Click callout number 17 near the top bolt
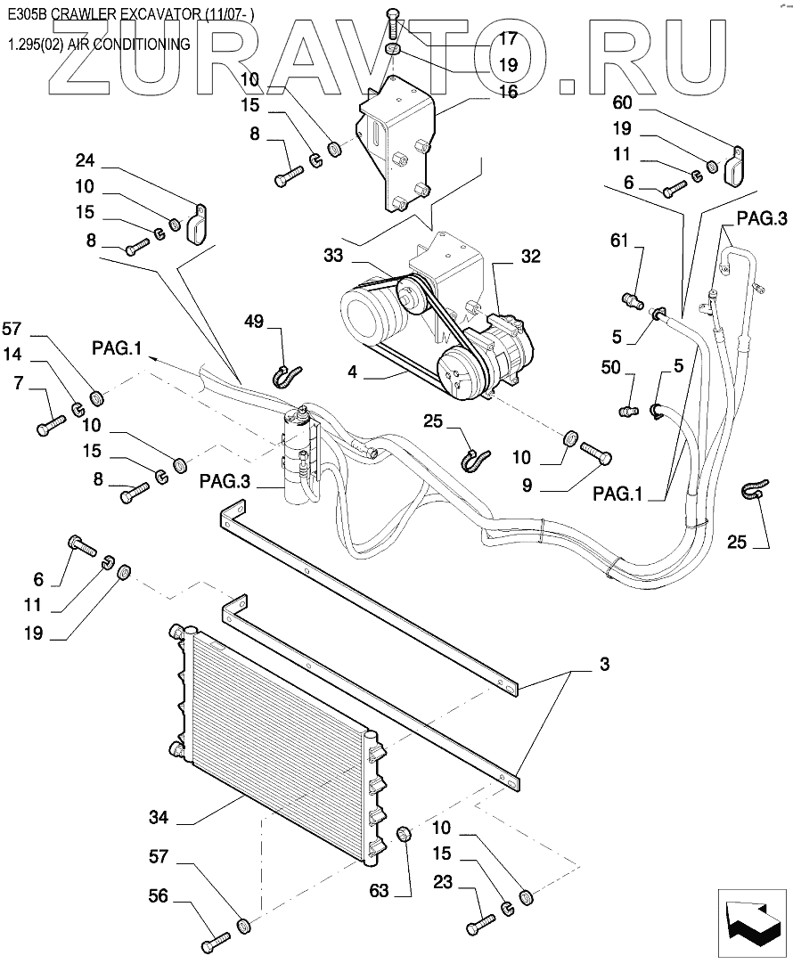pyautogui.click(x=508, y=38)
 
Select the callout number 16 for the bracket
pyautogui.click(x=508, y=90)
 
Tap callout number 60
pyautogui.click(x=622, y=102)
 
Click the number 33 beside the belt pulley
pyautogui.click(x=333, y=255)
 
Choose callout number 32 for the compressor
pyautogui.click(x=531, y=255)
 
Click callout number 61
pyautogui.click(x=620, y=240)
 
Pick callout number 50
pyautogui.click(x=612, y=368)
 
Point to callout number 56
pyautogui.click(x=158, y=896)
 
